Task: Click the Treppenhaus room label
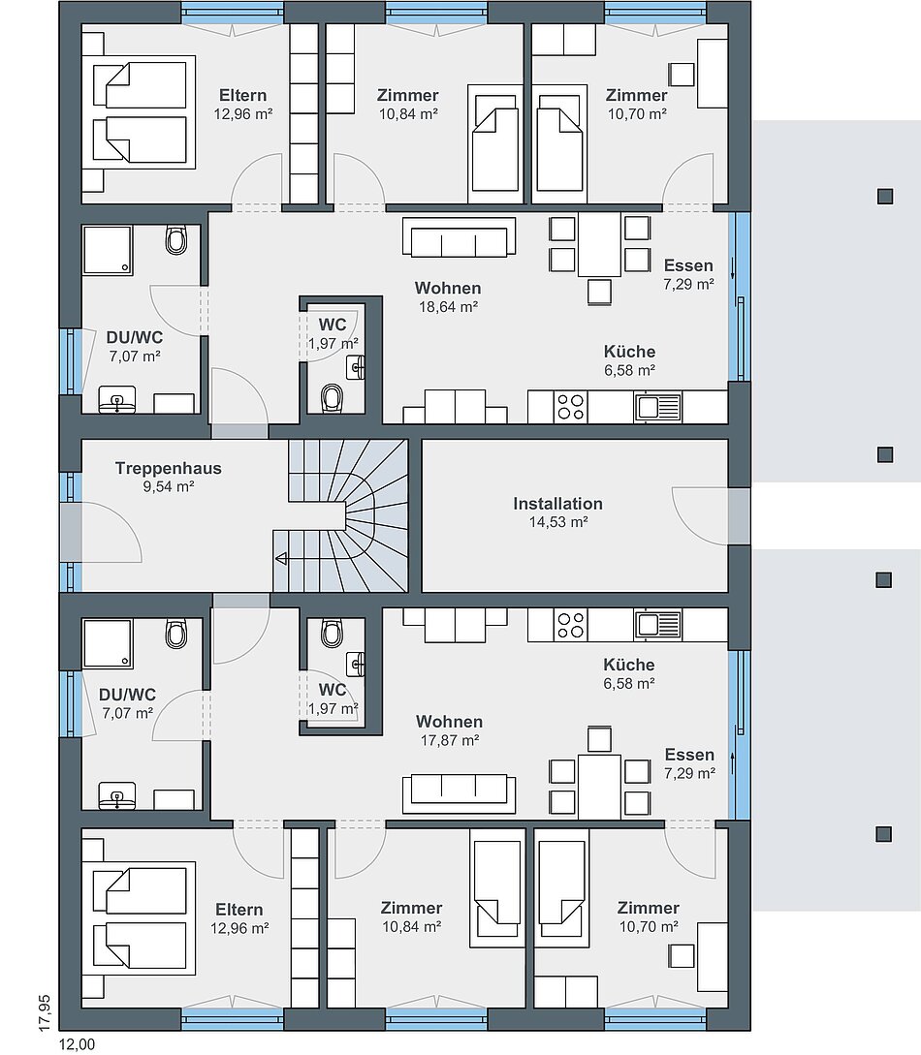coord(169,468)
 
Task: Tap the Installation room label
coord(558,504)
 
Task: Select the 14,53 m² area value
coord(558,522)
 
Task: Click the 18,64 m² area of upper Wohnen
coord(448,307)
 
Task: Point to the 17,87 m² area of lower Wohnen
coord(450,741)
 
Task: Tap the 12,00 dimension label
coord(78,1044)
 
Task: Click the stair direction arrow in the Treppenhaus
coord(281,558)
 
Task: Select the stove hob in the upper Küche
coord(570,407)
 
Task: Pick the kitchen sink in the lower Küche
coord(657,624)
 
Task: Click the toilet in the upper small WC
coord(332,397)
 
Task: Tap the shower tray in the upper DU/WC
coord(107,250)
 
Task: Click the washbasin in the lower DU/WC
coord(117,796)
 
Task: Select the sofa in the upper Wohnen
coord(460,236)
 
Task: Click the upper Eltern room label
coord(243,96)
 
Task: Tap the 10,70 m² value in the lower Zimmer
coord(649,927)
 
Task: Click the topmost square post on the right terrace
coord(885,196)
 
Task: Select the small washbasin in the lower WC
coord(356,665)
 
